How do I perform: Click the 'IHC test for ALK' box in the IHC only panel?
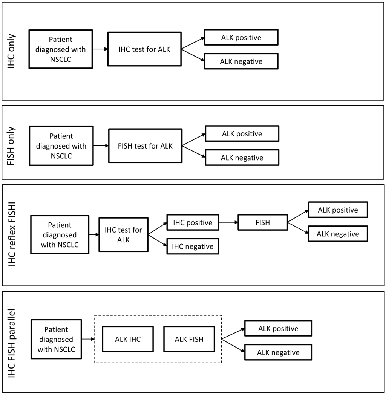(144, 49)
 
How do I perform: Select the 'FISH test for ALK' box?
(145, 146)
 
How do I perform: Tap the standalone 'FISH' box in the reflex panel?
(262, 222)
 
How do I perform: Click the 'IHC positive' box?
(193, 222)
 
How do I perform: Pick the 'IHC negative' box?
(193, 246)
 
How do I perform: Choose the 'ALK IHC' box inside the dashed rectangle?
(128, 339)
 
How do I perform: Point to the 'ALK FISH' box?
(189, 339)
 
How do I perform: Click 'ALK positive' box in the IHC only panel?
(241, 37)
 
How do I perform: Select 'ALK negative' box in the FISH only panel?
(242, 158)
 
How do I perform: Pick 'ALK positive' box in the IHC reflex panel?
(338, 210)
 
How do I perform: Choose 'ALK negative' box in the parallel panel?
(278, 352)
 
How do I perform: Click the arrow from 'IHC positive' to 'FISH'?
(228, 222)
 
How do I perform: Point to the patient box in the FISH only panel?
(61, 146)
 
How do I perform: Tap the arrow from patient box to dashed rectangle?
(87, 339)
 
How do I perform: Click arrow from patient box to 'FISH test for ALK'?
(101, 146)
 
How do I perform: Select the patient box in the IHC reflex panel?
(60, 234)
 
